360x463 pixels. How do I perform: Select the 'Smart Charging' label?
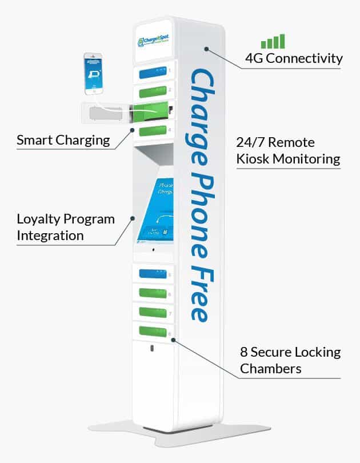(x=63, y=139)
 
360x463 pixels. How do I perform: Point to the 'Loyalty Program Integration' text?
(x=65, y=227)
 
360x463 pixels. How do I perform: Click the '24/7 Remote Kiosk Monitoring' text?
(x=288, y=151)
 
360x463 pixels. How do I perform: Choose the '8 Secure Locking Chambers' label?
(x=290, y=360)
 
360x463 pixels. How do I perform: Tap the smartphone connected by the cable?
(x=94, y=74)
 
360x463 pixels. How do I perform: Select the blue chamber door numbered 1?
(x=151, y=73)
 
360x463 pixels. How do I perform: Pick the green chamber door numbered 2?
(x=151, y=91)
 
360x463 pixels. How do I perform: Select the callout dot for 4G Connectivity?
(x=206, y=50)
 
